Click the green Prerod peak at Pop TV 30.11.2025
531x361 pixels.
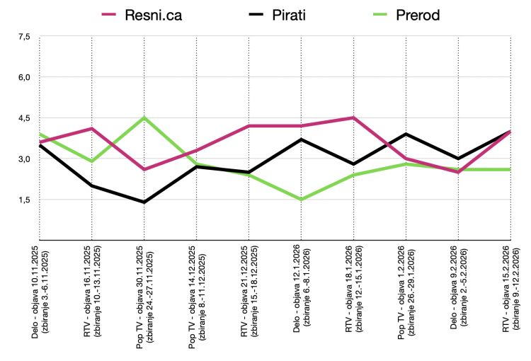[x=144, y=118]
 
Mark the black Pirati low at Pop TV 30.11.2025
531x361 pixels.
[x=144, y=202]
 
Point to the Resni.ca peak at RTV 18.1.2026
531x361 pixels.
[x=353, y=118]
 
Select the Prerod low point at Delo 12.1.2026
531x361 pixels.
[x=302, y=200]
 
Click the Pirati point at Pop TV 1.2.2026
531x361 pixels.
[x=406, y=134]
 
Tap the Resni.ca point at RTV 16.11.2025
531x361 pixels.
[x=92, y=128]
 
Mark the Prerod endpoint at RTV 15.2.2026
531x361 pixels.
[x=510, y=169]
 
